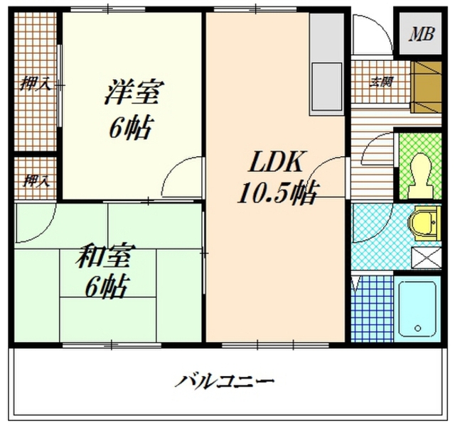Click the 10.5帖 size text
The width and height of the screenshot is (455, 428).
277,192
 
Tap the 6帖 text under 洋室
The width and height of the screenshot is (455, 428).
132,127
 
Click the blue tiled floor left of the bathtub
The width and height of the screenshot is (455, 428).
371,308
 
